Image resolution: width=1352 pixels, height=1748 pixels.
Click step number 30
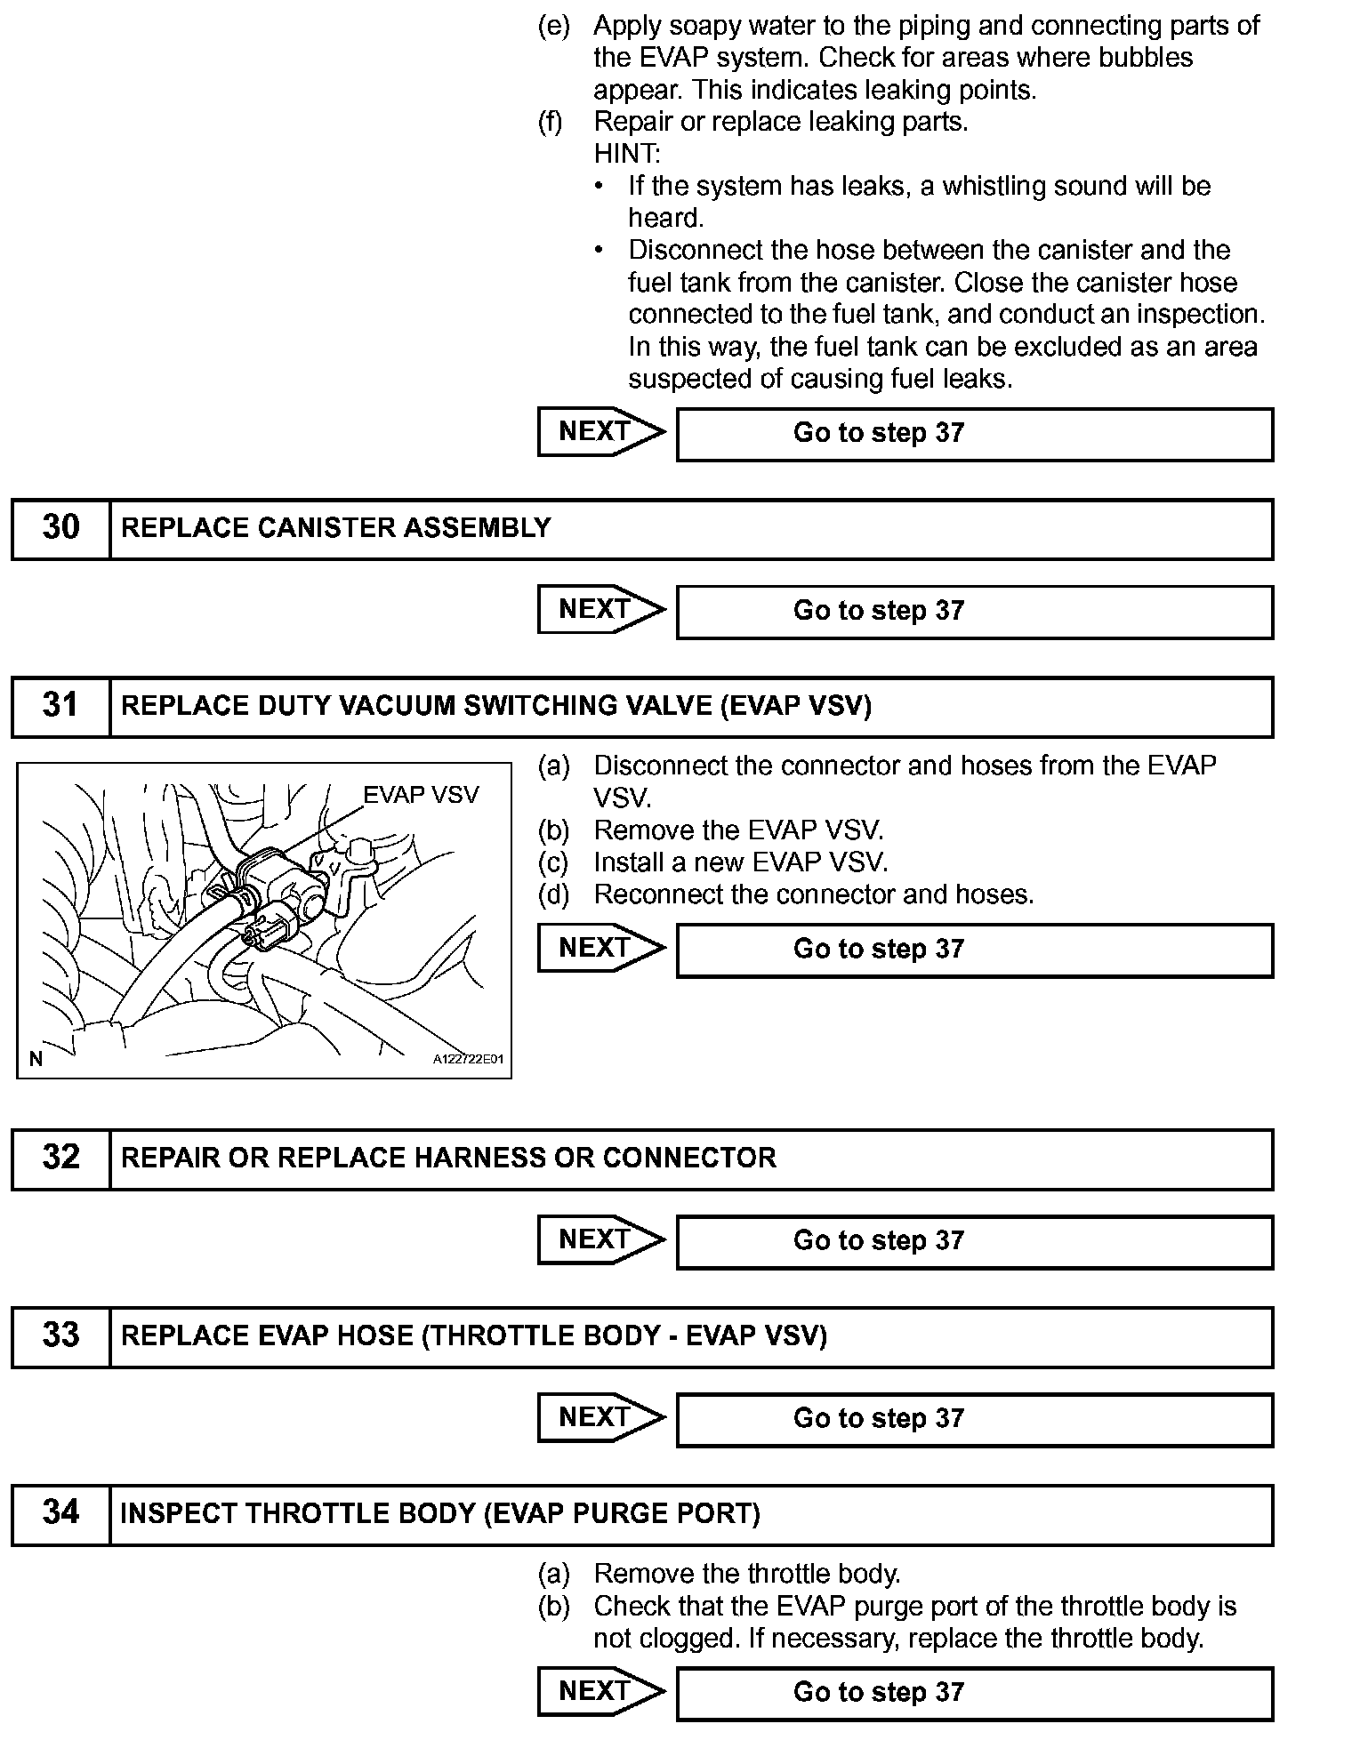[60, 527]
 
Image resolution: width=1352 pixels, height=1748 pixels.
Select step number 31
[60, 705]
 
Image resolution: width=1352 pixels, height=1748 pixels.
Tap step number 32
[60, 1157]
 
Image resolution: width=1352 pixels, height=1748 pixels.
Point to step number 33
[60, 1335]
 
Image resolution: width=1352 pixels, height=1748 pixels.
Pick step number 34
[60, 1512]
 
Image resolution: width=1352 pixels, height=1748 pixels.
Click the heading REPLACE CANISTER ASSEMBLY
[335, 528]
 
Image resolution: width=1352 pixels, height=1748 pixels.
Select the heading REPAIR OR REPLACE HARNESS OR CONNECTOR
[448, 1158]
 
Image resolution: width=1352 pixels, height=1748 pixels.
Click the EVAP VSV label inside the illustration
[421, 795]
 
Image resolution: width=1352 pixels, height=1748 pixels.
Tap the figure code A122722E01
[468, 1059]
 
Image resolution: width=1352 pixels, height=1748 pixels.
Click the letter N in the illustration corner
[36, 1058]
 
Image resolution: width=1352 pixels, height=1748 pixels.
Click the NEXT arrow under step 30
[600, 610]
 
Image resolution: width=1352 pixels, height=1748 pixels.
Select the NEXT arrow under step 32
[600, 1239]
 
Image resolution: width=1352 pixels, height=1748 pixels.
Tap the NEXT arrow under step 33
[600, 1417]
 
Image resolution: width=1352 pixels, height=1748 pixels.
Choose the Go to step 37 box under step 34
[974, 1692]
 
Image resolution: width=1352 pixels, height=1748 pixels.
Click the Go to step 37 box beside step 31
[974, 950]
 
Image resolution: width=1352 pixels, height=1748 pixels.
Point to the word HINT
[627, 154]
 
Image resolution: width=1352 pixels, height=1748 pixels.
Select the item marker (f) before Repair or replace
[551, 122]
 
